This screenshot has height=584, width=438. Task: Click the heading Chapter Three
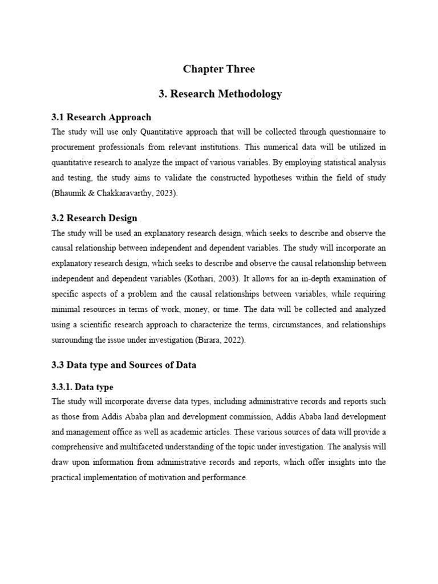(219, 69)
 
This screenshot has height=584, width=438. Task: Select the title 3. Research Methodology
(219, 94)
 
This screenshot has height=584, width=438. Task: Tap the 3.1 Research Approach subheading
(102, 117)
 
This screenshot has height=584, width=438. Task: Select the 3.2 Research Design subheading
(95, 218)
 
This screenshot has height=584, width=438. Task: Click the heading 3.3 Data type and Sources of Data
(124, 365)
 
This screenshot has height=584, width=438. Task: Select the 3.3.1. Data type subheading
(82, 387)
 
